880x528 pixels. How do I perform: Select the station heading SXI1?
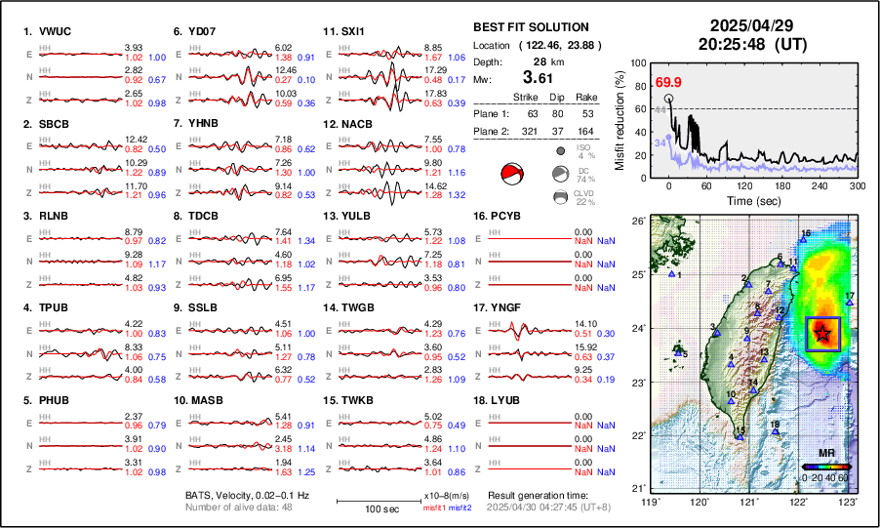point(352,31)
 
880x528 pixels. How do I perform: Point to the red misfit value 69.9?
point(668,82)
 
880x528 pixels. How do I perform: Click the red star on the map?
point(823,334)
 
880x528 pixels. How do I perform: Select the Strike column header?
point(525,97)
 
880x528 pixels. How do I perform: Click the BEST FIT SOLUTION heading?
point(530,27)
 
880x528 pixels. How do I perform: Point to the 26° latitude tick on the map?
point(637,222)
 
